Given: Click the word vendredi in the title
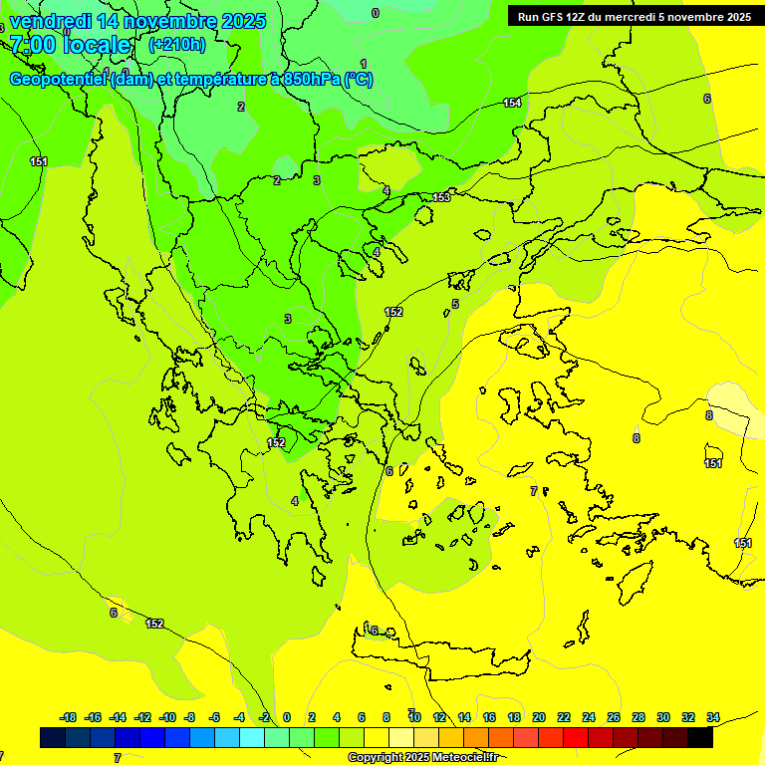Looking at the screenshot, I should (51, 21).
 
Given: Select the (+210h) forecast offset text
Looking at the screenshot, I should (177, 44).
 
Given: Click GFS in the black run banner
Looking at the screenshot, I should (556, 17).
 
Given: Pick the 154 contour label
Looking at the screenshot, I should (512, 103).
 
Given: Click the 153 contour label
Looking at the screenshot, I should (441, 198).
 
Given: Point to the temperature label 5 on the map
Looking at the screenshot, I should (455, 304).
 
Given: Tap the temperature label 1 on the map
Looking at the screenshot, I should (364, 64).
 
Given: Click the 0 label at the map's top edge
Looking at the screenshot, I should (376, 13).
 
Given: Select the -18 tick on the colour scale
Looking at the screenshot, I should (69, 717).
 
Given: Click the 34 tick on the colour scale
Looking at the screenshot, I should (713, 717).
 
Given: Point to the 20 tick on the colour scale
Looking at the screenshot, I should (539, 717).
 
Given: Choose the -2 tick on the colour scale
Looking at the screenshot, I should (264, 717).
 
